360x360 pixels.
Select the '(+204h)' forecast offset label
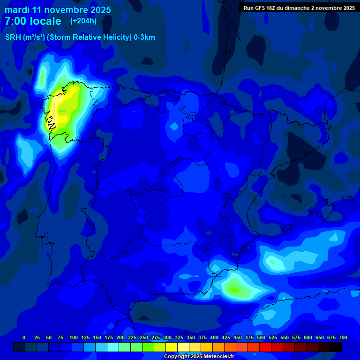tap(83, 21)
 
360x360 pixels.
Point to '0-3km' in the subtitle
tap(144, 37)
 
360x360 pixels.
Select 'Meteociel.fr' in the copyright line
tap(216, 357)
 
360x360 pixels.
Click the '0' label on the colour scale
tap(24, 337)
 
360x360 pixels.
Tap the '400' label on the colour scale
tap(214, 337)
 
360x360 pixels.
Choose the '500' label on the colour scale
tap(261, 337)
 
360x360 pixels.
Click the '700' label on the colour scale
tap(343, 337)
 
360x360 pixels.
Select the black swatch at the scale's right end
tap(336, 347)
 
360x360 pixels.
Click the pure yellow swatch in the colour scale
tap(172, 347)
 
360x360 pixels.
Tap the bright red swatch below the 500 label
tap(265, 347)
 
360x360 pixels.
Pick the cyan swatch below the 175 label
tap(113, 347)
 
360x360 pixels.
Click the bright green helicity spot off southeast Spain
tap(233, 288)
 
